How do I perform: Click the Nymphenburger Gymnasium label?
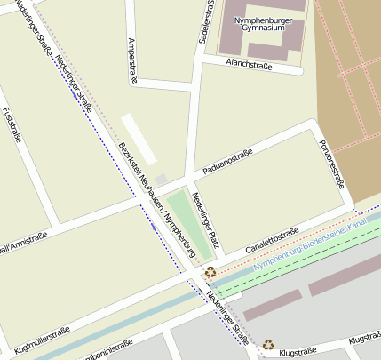(270, 21)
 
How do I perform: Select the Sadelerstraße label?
(206, 21)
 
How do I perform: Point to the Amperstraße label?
(133, 60)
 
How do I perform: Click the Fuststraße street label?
(12, 125)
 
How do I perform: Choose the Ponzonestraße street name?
(330, 164)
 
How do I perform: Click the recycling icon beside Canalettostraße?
(210, 273)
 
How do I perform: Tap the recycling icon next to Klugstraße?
(267, 344)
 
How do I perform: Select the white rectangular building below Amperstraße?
(139, 138)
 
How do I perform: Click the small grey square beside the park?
(161, 180)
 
